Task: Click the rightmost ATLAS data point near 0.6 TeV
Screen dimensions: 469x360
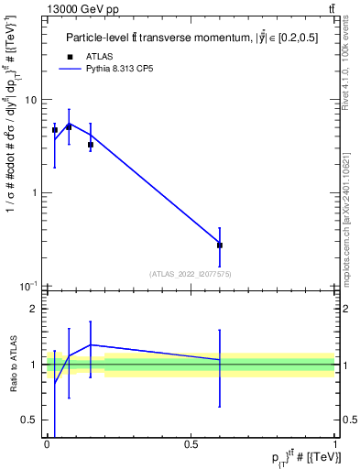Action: [220, 245]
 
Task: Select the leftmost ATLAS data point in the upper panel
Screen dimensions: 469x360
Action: [55, 130]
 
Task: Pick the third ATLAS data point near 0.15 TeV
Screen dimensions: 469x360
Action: [90, 145]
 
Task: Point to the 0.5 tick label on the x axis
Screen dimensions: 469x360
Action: [191, 443]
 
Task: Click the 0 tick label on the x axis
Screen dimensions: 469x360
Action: [47, 443]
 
